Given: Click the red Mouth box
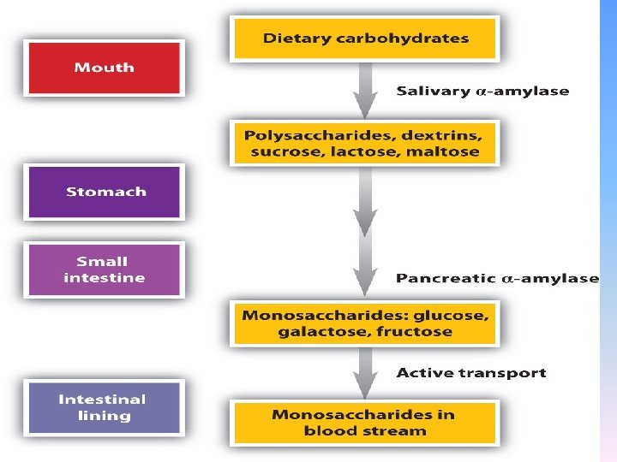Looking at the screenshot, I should pyautogui.click(x=104, y=68).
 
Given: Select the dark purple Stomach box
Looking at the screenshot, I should pyautogui.click(x=104, y=192).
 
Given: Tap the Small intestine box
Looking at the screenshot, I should pyautogui.click(x=104, y=269).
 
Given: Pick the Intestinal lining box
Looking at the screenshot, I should pyautogui.click(x=102, y=407).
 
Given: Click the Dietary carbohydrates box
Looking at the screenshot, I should pyautogui.click(x=365, y=38).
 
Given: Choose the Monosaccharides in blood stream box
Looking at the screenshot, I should pyautogui.click(x=365, y=423).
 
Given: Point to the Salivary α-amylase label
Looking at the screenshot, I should pyautogui.click(x=482, y=92).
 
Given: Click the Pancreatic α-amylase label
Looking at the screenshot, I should pyautogui.click(x=497, y=278).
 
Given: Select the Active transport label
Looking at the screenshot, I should pyautogui.click(x=470, y=373).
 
